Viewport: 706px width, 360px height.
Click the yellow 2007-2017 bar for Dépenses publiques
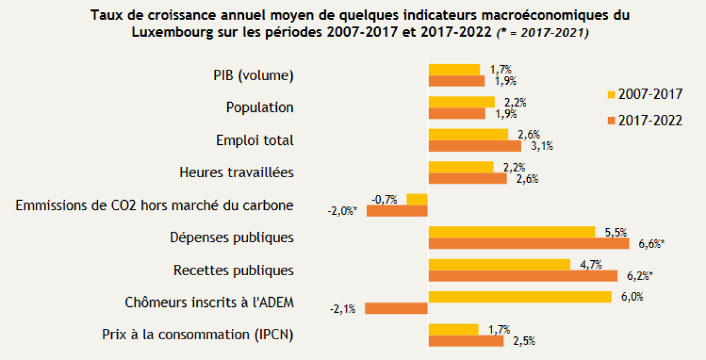coord(512,232)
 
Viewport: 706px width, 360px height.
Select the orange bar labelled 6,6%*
coord(528,243)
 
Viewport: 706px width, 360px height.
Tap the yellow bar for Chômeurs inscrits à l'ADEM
coord(520,297)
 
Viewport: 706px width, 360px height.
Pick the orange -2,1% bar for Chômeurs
coord(396,308)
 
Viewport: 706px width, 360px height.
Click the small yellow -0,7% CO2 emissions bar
coord(417,200)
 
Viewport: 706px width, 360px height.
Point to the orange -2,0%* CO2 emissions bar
coord(397,211)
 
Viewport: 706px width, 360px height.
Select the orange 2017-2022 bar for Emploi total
coord(475,146)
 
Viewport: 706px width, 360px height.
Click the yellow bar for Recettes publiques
coord(500,264)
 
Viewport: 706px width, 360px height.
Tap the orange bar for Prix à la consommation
coord(466,341)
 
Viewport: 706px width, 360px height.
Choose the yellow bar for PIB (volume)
coord(454,69)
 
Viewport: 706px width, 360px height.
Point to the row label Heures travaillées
coord(236,172)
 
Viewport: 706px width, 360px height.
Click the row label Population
coord(260,107)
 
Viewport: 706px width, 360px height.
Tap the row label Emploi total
coord(255,140)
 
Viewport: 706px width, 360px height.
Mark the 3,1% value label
coord(542,147)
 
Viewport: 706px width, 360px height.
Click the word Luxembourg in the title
coord(172,32)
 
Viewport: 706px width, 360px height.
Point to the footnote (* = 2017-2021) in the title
coord(542,33)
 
